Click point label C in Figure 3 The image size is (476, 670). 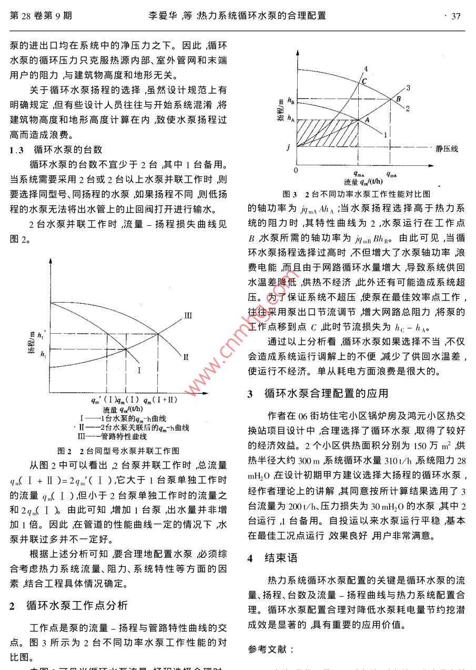363,81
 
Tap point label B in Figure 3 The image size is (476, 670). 398,98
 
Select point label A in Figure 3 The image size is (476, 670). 367,119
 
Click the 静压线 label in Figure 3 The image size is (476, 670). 446,148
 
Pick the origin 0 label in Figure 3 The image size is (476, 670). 296,170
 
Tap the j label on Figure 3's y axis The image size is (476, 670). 288,147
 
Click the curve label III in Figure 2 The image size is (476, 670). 188,315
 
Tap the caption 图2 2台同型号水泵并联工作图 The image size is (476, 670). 118,451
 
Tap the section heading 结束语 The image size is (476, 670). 281,557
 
